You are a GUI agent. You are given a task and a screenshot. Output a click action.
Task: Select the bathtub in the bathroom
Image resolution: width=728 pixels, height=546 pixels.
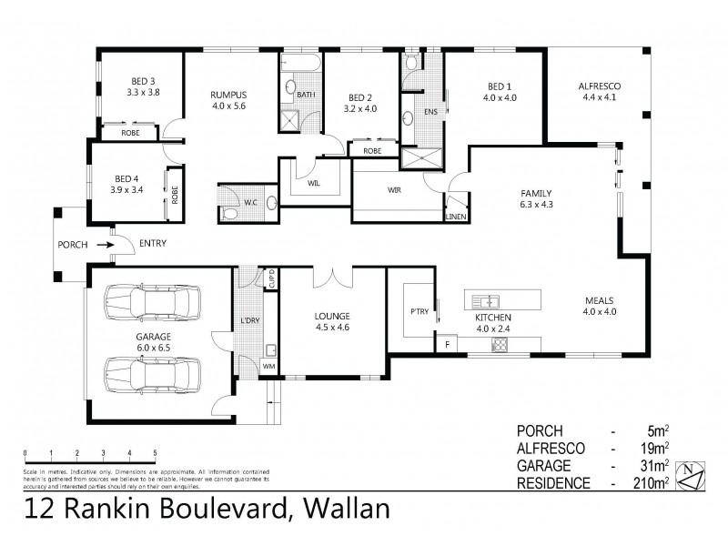click(299, 66)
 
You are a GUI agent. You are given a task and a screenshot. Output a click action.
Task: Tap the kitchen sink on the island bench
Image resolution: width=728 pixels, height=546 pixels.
click(484, 299)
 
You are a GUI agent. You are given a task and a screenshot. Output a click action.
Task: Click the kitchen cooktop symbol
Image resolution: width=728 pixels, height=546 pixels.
click(499, 345)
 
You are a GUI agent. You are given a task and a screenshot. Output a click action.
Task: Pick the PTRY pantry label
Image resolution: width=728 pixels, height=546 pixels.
click(419, 311)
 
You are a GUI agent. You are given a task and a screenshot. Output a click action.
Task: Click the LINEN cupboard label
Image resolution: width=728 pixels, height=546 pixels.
click(456, 217)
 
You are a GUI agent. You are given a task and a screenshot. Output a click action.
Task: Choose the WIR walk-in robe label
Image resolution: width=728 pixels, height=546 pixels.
click(396, 190)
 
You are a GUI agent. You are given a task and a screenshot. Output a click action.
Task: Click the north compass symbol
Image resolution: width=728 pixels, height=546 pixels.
click(694, 474)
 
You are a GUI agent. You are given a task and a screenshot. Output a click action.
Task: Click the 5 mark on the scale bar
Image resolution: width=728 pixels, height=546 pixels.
click(156, 452)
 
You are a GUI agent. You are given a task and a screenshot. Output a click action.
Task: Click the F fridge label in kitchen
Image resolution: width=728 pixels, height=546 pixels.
click(447, 345)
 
